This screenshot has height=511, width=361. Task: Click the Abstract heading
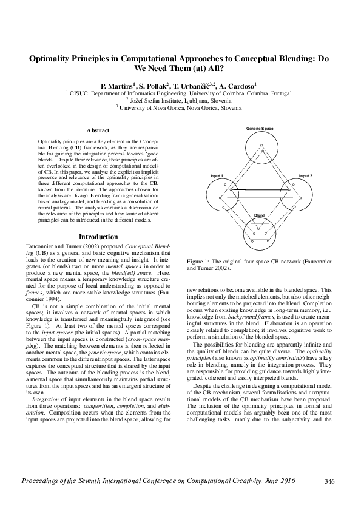[x=98, y=130]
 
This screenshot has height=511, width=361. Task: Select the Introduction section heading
[x=98, y=237]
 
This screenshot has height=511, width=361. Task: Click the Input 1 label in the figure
[x=216, y=175]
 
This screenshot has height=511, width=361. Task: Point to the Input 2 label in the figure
[x=305, y=175]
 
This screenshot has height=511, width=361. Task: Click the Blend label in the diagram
[x=259, y=215]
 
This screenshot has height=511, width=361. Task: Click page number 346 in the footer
[x=329, y=481]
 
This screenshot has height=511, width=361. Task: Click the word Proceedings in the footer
[x=43, y=481]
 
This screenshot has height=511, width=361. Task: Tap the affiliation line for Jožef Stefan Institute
[x=180, y=100]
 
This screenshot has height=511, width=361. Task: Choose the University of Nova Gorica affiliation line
[x=180, y=107]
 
